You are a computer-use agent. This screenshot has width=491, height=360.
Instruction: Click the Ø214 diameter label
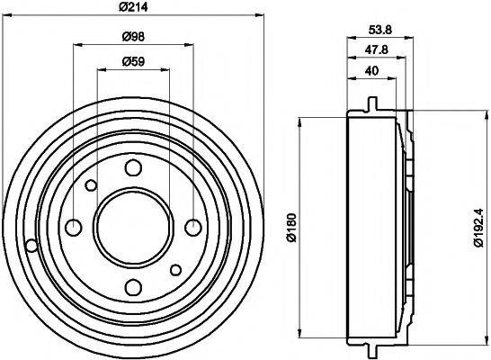tap(134, 8)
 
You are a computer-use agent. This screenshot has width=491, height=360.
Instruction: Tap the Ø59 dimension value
tap(134, 62)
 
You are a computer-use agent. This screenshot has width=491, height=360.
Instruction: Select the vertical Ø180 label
tap(290, 227)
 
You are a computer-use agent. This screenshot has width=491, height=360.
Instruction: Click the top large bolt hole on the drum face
tap(133, 166)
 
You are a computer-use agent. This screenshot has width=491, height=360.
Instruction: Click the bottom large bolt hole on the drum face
tap(133, 287)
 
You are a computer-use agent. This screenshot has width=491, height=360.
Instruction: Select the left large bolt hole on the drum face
tap(73, 227)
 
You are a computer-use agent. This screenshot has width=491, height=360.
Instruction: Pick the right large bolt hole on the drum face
tap(193, 227)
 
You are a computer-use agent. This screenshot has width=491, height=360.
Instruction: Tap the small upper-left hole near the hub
tap(91, 185)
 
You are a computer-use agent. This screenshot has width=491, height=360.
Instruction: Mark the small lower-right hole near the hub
tap(176, 268)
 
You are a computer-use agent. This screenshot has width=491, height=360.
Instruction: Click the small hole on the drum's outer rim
tap(32, 245)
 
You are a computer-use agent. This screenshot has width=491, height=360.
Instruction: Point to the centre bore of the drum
tap(133, 227)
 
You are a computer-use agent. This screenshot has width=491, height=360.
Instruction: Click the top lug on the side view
tap(370, 104)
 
